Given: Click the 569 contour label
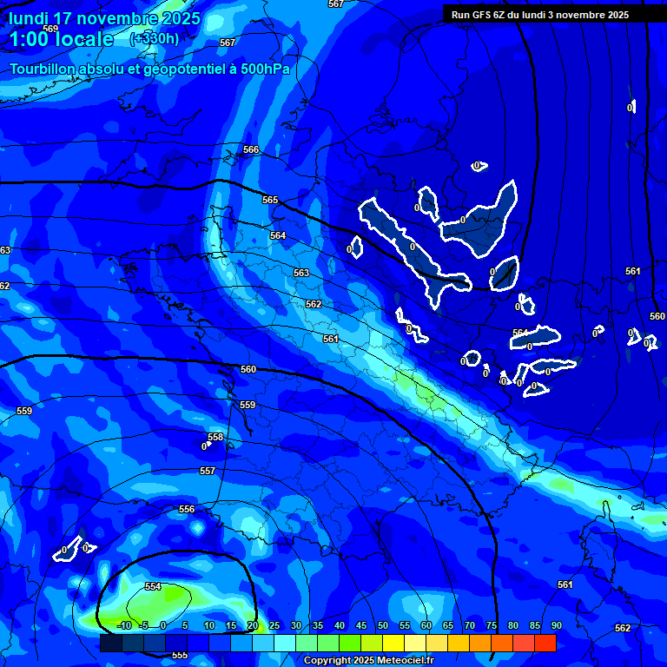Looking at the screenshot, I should [x=50, y=29].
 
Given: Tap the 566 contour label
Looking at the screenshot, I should [x=251, y=150].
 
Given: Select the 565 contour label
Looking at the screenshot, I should [x=270, y=200].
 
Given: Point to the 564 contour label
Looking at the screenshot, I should [x=277, y=235].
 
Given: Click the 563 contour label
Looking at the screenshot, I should [x=300, y=273].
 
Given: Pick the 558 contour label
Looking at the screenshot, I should [x=215, y=437].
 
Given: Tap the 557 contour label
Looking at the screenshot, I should [x=207, y=471].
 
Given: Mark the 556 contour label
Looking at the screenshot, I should [x=187, y=509].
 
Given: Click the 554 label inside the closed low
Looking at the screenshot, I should [x=153, y=586].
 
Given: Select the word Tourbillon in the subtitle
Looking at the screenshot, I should [x=44, y=69].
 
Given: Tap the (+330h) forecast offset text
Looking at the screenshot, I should [x=155, y=38].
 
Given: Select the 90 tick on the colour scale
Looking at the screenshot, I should [x=556, y=625].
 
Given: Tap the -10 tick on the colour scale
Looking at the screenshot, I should [x=123, y=625].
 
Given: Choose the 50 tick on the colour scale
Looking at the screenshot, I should [x=382, y=625].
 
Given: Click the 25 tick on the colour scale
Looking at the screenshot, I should [x=274, y=625].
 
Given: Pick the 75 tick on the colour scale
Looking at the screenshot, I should [x=491, y=625].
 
